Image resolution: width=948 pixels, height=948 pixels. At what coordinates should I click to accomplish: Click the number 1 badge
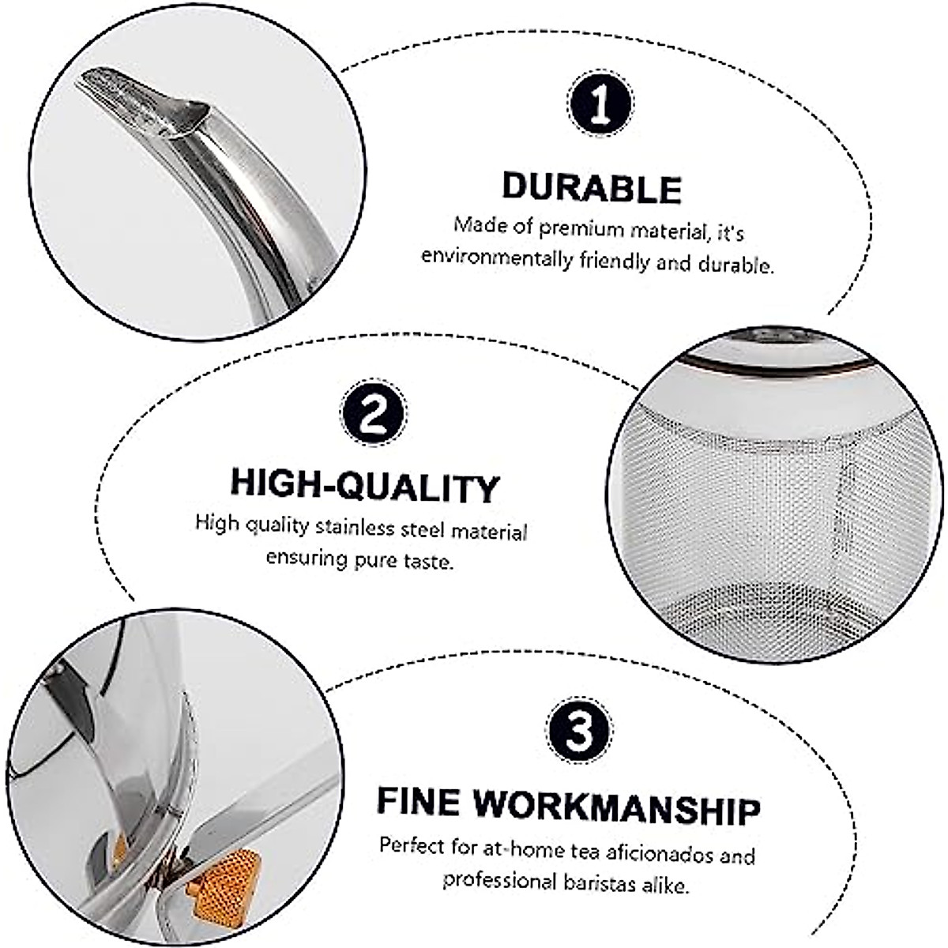pos(600,103)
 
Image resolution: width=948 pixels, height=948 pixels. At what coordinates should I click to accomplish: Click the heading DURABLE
pos(592,188)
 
